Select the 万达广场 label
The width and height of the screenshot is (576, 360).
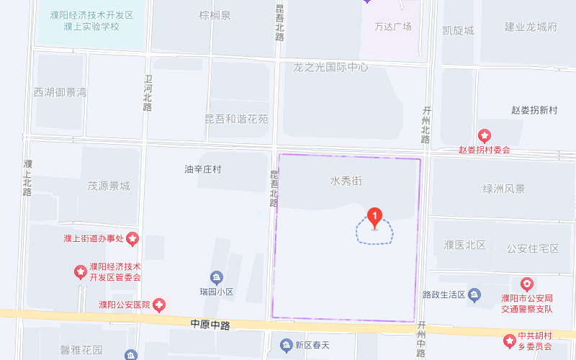(x=393, y=27)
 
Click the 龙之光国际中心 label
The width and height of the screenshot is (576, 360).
(x=330, y=67)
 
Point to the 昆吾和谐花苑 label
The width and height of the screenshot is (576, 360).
(x=237, y=118)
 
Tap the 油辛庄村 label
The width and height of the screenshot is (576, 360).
(x=202, y=169)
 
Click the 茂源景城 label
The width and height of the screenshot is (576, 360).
(x=108, y=186)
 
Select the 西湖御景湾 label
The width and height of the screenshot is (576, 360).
(x=60, y=92)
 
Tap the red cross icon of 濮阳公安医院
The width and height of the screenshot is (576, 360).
(x=158, y=305)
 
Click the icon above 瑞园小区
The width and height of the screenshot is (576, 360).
(x=216, y=278)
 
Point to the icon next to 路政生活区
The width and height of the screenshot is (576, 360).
(x=474, y=294)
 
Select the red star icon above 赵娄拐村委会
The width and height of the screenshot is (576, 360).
(x=485, y=135)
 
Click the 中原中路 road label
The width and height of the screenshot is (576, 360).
(x=210, y=325)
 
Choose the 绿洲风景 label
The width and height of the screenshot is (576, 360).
(x=504, y=189)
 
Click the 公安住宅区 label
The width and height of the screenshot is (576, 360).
(x=533, y=248)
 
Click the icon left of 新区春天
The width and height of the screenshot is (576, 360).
(x=287, y=345)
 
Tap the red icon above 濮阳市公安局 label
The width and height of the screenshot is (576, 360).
(x=527, y=284)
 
